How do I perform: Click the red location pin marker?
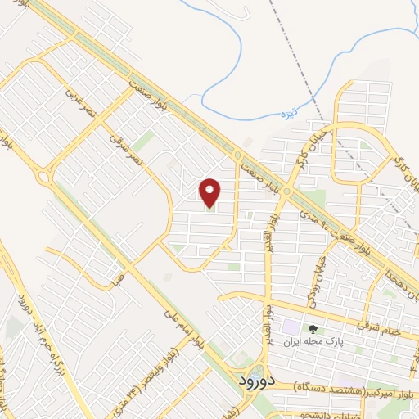(210, 192)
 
